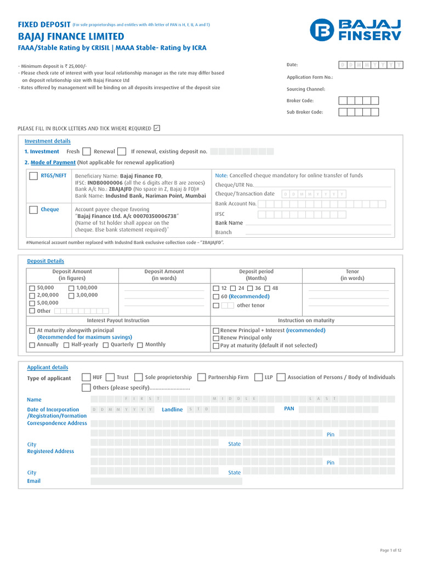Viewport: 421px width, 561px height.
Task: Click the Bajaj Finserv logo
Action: tap(355, 30)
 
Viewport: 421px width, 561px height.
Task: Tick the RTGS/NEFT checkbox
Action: tap(33, 176)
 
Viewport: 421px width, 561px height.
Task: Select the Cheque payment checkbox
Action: tap(33, 209)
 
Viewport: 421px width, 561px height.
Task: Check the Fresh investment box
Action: tap(87, 152)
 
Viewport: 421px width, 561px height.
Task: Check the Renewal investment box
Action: tap(122, 152)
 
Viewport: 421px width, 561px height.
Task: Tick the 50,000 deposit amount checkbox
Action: tap(32, 288)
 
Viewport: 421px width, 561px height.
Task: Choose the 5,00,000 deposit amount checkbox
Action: tap(32, 303)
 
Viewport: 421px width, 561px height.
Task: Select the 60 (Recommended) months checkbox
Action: tap(216, 296)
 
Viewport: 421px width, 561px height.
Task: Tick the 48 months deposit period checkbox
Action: tap(267, 288)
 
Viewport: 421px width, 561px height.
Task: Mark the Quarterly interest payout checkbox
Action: tap(106, 345)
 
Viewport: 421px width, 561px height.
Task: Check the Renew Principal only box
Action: tap(216, 339)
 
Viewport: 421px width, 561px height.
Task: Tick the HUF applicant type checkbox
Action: tap(86, 377)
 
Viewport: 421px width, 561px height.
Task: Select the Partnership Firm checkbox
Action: tap(202, 377)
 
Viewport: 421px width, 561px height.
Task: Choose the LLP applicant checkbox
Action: tap(259, 377)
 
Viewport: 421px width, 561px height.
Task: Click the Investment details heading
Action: tap(47, 141)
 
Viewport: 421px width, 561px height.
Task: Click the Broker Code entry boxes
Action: tap(358, 101)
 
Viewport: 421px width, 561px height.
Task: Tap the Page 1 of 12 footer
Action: tap(391, 550)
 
